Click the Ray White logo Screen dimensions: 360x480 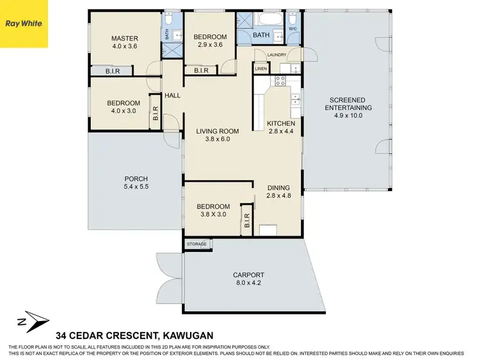click(24, 24)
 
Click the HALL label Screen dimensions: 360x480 click(172, 96)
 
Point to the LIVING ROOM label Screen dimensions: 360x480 click(217, 131)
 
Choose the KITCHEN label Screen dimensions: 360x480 click(280, 123)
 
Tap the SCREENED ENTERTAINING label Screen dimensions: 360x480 click(348, 104)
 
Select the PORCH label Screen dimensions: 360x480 click(136, 178)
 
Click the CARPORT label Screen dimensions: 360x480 click(248, 276)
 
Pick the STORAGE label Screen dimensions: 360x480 click(196, 244)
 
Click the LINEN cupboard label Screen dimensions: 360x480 click(260, 68)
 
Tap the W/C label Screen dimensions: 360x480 click(292, 28)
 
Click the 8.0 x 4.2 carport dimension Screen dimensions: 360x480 click(248, 285)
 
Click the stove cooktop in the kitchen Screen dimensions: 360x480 click(280, 81)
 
